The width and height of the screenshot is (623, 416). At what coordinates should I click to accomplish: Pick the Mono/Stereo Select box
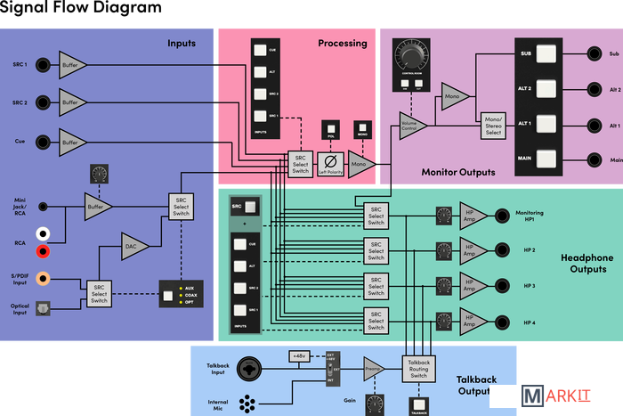click(x=492, y=121)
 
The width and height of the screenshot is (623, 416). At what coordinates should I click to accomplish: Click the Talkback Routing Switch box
click(x=417, y=368)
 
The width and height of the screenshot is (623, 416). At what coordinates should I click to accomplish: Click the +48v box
click(x=299, y=355)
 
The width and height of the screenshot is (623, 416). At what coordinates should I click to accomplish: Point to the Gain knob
click(x=373, y=404)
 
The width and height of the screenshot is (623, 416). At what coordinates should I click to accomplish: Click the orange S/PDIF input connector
click(x=42, y=279)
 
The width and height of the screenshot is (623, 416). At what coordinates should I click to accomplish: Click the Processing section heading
click(x=342, y=43)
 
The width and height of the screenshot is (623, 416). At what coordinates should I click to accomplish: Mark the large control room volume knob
click(x=410, y=56)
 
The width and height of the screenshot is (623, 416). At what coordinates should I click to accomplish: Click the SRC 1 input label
click(x=20, y=64)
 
